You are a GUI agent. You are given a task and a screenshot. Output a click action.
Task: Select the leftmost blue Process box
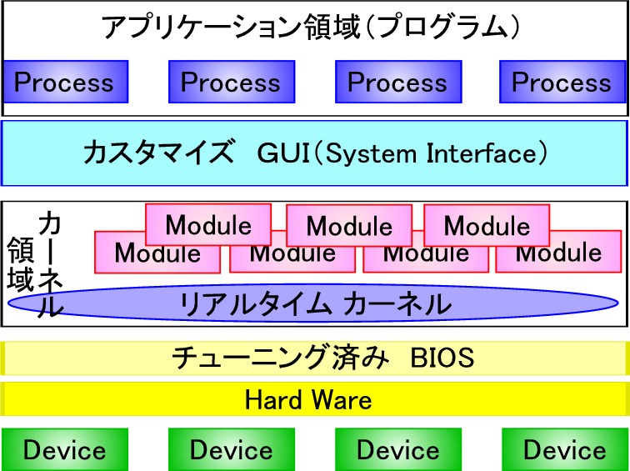[66, 82]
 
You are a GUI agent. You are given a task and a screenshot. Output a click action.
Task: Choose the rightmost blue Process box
[562, 82]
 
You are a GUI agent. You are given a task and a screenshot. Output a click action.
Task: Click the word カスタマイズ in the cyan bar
[158, 153]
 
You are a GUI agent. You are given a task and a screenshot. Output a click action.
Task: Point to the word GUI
[284, 153]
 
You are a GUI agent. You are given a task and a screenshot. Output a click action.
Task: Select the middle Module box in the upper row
[349, 225]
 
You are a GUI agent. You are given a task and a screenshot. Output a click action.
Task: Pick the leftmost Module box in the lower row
[157, 253]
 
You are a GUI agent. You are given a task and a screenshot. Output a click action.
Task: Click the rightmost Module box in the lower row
[558, 252]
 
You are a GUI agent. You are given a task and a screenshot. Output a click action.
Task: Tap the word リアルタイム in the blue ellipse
[256, 303]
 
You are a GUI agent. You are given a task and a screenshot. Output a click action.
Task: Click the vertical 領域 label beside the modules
[20, 263]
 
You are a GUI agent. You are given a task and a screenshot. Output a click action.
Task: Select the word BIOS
[442, 358]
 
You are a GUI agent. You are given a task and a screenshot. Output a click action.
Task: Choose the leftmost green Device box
[65, 449]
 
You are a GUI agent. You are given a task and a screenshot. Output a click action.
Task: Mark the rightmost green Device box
[564, 449]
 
